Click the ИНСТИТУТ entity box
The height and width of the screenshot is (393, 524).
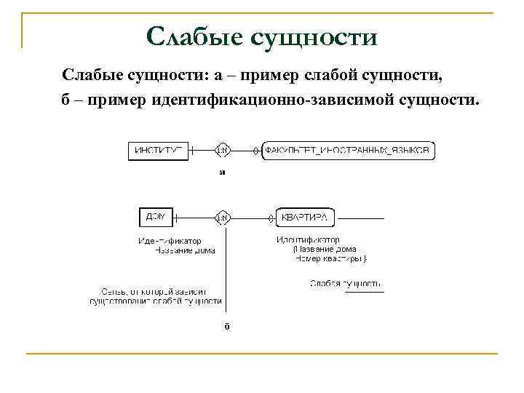[158, 151]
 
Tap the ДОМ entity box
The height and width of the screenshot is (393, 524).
[155, 216]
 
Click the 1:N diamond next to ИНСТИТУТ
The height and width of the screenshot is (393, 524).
[223, 151]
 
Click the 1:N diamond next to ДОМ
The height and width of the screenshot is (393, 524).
[223, 216]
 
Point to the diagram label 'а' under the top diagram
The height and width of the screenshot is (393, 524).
[223, 173]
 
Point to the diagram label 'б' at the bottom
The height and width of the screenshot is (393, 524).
[226, 326]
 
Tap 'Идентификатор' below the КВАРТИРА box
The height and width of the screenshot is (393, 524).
[307, 239]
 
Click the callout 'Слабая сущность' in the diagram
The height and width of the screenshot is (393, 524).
[346, 283]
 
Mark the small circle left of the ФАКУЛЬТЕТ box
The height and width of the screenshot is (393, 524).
[255, 151]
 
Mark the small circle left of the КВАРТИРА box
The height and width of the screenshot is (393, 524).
[270, 216]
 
